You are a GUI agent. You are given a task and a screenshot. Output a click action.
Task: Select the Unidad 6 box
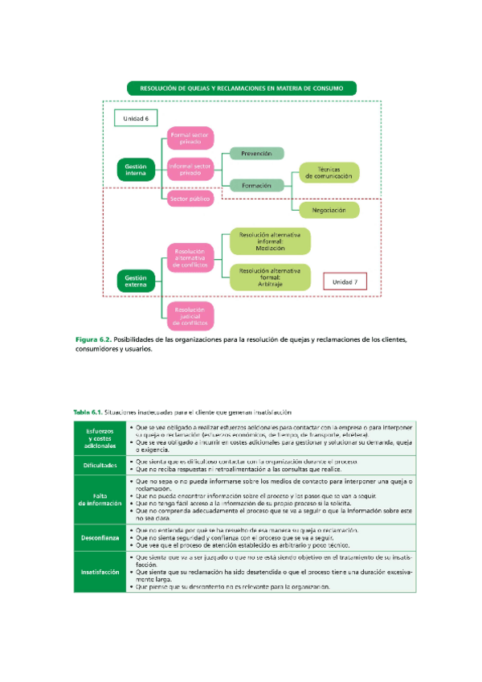[x=136, y=118]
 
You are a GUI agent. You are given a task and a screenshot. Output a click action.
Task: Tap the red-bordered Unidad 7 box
[x=345, y=281]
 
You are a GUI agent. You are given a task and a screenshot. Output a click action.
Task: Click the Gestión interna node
[x=136, y=169]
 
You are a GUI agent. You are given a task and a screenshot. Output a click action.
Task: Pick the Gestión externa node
[x=136, y=280]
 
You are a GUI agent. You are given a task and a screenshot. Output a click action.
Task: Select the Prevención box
[x=256, y=153]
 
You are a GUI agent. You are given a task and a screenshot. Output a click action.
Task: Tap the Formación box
[x=256, y=185]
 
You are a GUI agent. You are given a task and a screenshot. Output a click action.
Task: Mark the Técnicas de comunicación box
[x=329, y=172]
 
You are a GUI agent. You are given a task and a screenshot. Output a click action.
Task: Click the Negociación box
[x=329, y=210]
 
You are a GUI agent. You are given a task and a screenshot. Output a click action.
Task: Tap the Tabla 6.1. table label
[x=88, y=412]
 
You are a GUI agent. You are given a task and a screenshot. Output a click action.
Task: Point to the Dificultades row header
[x=100, y=466]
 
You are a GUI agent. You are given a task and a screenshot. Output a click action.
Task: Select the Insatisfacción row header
[x=100, y=572]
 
